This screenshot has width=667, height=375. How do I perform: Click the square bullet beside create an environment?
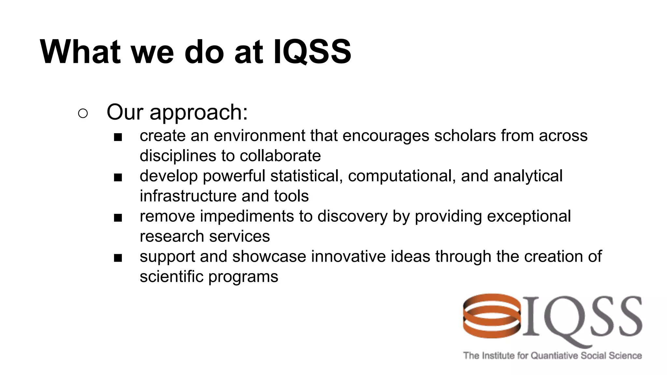118,137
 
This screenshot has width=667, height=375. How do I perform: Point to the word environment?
259,136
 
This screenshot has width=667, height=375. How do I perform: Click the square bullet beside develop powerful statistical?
118,178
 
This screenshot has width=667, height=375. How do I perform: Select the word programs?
243,277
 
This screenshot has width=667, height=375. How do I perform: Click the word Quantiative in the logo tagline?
554,355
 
